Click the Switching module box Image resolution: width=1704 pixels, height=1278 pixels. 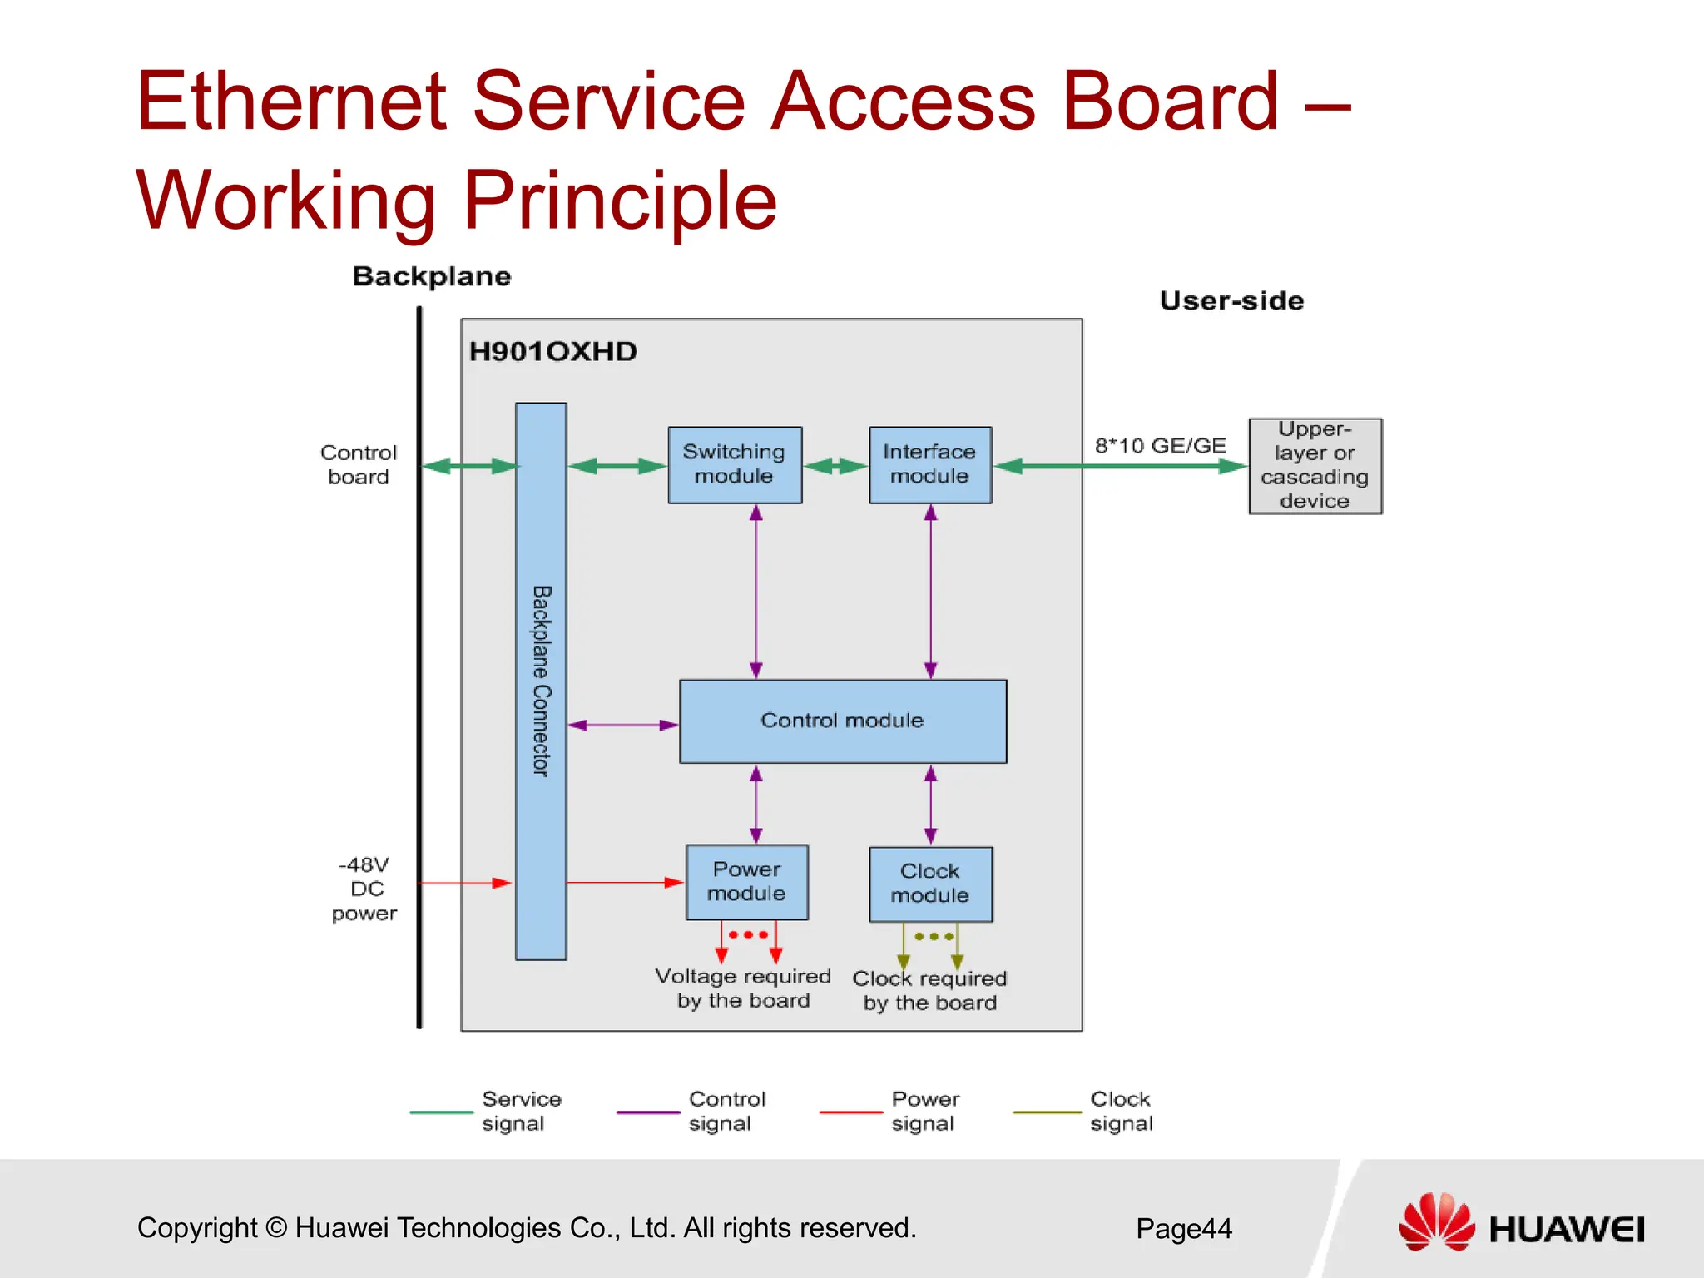[735, 465]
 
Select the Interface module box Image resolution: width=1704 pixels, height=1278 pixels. [930, 465]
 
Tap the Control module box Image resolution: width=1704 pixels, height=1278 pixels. [842, 721]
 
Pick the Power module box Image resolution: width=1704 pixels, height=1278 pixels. [746, 882]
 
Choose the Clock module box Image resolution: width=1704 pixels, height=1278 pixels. [930, 884]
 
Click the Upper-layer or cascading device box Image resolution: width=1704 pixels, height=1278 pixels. [1315, 466]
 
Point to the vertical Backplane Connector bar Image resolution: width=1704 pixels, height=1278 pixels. [541, 681]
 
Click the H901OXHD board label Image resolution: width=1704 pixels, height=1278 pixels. [553, 352]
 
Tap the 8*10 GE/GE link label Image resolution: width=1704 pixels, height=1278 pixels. [1160, 446]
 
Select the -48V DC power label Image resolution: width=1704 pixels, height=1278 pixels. [364, 889]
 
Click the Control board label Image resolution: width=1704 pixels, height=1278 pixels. [359, 464]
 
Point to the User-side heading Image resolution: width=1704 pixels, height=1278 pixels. [1231, 301]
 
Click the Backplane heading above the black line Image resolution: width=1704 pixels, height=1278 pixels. [431, 276]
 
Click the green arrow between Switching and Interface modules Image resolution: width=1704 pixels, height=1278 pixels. [835, 466]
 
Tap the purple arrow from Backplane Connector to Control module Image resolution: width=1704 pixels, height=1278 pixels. [622, 725]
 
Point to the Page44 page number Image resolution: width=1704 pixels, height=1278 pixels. [1183, 1229]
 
